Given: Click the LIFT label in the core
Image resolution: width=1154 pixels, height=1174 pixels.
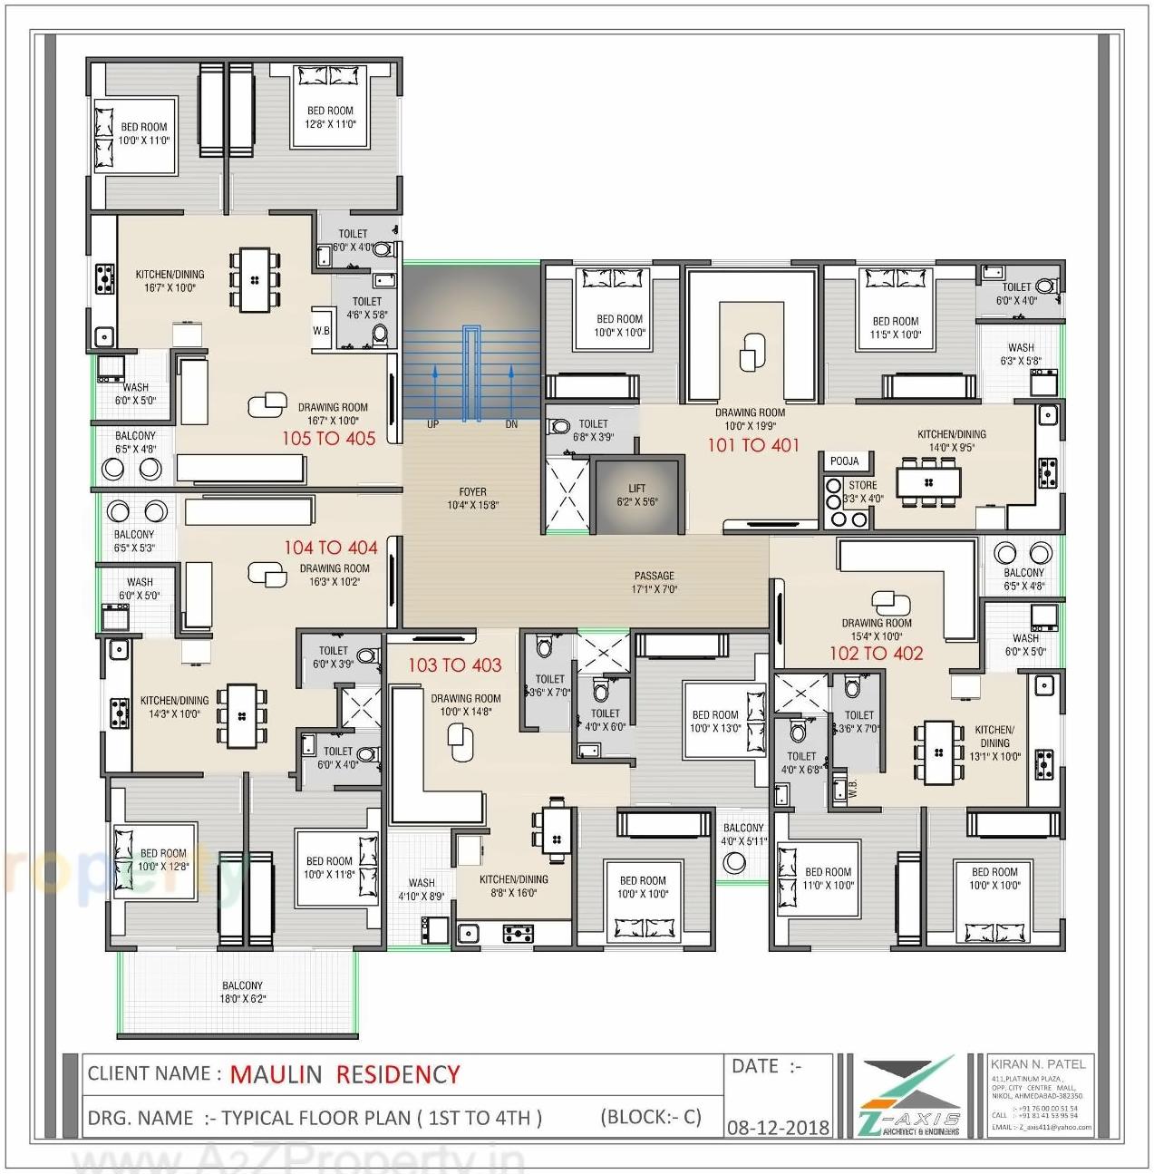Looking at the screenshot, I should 636,494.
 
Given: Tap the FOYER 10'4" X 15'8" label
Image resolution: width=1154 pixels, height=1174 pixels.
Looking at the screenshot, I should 472,498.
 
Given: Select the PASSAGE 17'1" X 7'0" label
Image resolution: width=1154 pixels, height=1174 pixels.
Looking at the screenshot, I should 654,582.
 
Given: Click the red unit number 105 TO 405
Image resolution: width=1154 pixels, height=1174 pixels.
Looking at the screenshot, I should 328,439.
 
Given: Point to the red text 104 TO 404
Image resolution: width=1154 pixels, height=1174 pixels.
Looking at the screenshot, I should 330,548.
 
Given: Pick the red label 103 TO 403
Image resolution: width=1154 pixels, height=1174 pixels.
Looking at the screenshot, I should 454,665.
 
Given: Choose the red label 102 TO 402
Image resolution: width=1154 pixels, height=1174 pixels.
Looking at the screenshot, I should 876,654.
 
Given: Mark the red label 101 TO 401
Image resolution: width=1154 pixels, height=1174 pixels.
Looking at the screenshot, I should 753,445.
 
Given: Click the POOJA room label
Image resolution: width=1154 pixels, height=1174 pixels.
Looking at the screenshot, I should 844,461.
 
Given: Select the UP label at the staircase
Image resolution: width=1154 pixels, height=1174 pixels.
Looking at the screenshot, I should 433,424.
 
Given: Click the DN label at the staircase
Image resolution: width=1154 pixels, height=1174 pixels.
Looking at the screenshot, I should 511,424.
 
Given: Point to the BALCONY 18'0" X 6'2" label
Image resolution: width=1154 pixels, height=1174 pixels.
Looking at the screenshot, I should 242,992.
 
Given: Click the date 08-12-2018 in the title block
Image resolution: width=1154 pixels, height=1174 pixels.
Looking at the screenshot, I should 778,1127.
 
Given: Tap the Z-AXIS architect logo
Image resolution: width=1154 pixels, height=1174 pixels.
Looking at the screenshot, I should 909,1098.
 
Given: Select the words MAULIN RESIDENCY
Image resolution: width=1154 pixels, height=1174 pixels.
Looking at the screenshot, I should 344,1074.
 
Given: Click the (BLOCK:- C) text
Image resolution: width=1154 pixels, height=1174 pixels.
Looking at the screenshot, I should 650,1117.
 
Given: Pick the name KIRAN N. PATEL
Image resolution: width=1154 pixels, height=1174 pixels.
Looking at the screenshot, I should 1037,1063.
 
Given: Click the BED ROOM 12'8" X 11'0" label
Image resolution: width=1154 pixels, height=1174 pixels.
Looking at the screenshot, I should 330,117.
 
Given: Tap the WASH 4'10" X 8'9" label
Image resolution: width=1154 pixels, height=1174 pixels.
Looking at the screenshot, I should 422,888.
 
